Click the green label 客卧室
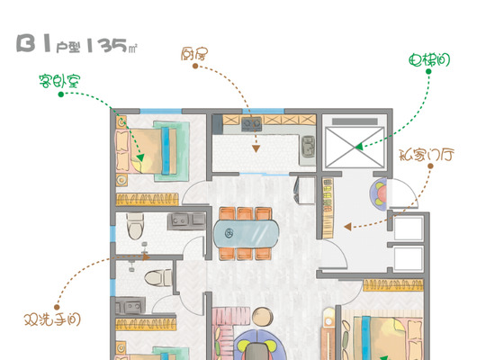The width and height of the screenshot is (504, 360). (x=59, y=81)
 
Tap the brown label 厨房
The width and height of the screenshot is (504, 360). (x=194, y=54)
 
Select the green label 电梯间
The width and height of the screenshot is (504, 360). (x=429, y=59)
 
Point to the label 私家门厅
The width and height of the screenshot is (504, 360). (x=427, y=155)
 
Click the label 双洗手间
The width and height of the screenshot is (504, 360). (x=52, y=319)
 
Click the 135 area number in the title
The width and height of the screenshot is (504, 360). (x=107, y=45)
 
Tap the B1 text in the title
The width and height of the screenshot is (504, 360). (x=34, y=43)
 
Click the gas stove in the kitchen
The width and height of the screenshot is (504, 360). (x=252, y=124)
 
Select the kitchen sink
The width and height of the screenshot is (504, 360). (x=308, y=146)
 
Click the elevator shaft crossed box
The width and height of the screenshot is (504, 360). (x=355, y=148)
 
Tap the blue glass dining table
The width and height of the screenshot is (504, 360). (x=246, y=233)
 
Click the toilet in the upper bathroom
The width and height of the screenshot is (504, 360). (x=135, y=226)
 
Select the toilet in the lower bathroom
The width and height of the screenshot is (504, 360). (x=157, y=278)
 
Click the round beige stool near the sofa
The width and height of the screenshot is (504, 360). (x=263, y=317)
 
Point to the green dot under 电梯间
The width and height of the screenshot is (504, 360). (x=428, y=71)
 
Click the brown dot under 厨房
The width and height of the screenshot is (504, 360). (x=195, y=66)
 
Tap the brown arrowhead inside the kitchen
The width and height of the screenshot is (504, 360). (x=256, y=148)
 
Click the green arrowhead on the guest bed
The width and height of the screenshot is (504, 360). (x=140, y=157)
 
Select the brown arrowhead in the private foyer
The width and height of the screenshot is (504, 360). (x=347, y=227)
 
